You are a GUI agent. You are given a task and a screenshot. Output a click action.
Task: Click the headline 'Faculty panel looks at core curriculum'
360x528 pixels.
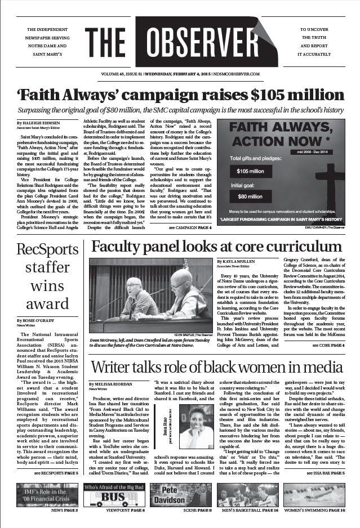point(216,247)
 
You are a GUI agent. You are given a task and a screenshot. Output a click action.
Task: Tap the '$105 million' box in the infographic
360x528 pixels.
point(250,171)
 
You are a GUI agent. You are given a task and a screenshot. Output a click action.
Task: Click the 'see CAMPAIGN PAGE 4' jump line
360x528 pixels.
point(190,228)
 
